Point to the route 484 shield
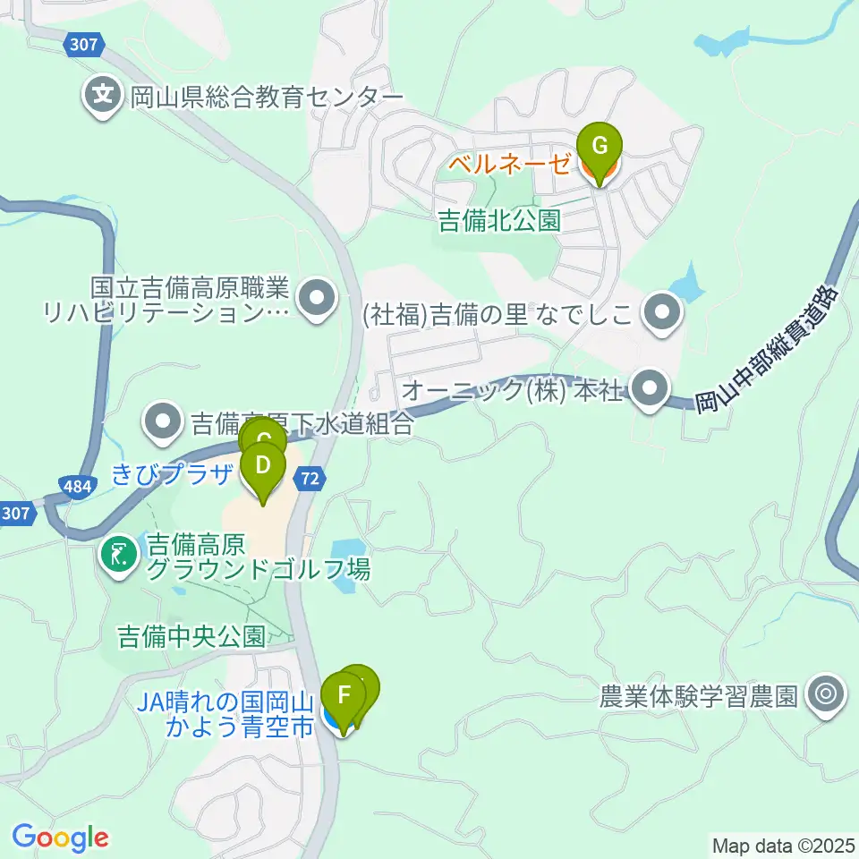click(x=76, y=486)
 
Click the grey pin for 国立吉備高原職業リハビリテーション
click(x=315, y=300)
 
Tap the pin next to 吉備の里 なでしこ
click(x=663, y=313)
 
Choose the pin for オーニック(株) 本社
click(x=651, y=389)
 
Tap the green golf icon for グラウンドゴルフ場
click(x=118, y=555)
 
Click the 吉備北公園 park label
click(x=499, y=221)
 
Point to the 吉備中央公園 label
click(x=192, y=636)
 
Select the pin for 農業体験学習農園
click(x=825, y=695)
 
